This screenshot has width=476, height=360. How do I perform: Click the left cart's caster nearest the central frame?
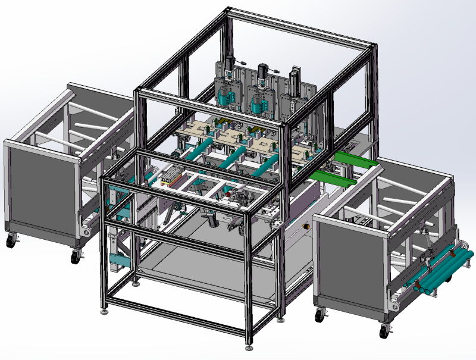[76, 257]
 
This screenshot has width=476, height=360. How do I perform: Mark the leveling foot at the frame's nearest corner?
[249, 345]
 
